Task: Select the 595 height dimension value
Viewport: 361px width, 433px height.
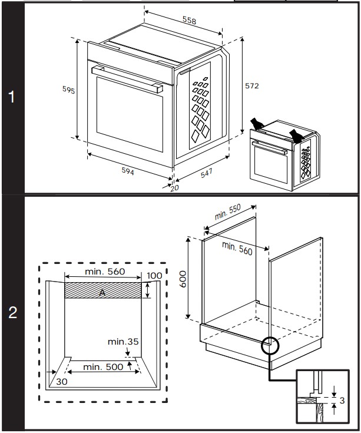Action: pyautogui.click(x=68, y=90)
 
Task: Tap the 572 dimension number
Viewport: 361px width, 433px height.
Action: pyautogui.click(x=252, y=85)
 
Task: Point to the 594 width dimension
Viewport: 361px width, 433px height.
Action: pyautogui.click(x=128, y=172)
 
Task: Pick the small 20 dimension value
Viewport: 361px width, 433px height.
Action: pyautogui.click(x=174, y=188)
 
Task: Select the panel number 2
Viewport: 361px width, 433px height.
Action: pyautogui.click(x=12, y=313)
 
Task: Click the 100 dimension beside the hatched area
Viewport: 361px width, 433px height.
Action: pyautogui.click(x=154, y=276)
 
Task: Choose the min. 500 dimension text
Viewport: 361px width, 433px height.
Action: pyautogui.click(x=103, y=367)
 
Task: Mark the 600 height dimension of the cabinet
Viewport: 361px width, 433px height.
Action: pyautogui.click(x=183, y=278)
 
